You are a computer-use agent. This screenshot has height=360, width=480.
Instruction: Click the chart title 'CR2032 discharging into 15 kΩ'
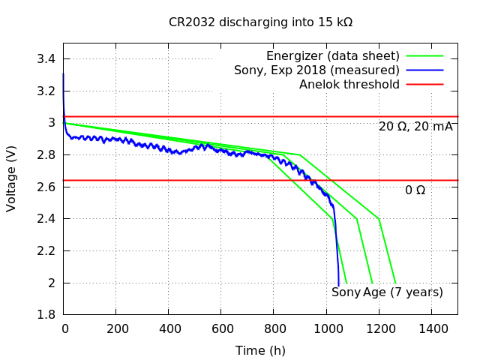pos(260,22)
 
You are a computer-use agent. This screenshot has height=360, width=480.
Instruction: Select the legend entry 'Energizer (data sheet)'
pos(333,56)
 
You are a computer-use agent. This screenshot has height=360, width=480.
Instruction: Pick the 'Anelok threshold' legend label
pos(349,85)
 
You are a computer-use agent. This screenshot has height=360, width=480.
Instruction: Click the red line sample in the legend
pos(425,85)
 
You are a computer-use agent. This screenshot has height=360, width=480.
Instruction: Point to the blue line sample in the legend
pos(425,70)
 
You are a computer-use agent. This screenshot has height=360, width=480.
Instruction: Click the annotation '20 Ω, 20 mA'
pos(415,127)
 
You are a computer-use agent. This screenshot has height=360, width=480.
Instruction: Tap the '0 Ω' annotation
pos(415,190)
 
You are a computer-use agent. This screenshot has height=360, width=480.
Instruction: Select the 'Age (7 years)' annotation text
pos(403,292)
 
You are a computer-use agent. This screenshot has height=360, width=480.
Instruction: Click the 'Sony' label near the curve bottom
pos(346,292)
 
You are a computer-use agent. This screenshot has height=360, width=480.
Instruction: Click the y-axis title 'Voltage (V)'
pos(11,178)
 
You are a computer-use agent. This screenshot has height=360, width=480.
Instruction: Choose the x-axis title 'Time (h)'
pos(260,351)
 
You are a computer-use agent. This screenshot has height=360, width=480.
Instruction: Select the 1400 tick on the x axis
pos(432,328)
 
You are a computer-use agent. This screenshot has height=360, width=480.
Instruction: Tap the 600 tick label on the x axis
pos(221,328)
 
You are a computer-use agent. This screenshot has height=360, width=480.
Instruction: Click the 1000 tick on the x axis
pos(326,328)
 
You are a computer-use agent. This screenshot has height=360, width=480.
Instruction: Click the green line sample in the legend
pos(425,56)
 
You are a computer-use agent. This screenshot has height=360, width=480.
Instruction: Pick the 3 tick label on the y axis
pos(52,123)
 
